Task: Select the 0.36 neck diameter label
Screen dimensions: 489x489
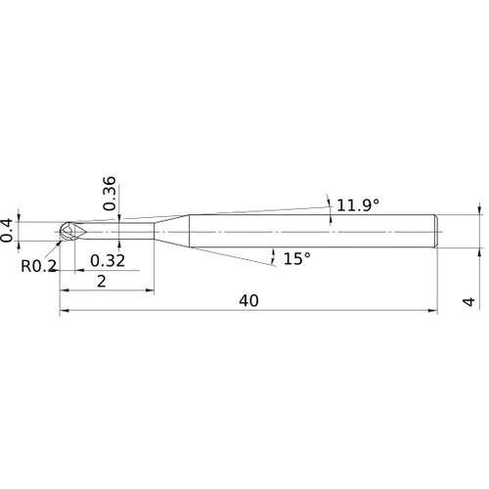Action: point(109,192)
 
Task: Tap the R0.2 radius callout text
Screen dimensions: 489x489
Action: point(38,265)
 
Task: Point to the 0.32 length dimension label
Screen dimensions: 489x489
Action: point(107,261)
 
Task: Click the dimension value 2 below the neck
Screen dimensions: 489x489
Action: point(103,281)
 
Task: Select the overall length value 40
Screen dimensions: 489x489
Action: point(247,301)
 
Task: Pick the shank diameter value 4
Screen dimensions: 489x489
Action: point(469,302)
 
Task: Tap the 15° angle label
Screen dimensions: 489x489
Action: point(296,259)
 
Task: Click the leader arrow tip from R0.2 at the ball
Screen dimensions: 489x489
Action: point(61,241)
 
